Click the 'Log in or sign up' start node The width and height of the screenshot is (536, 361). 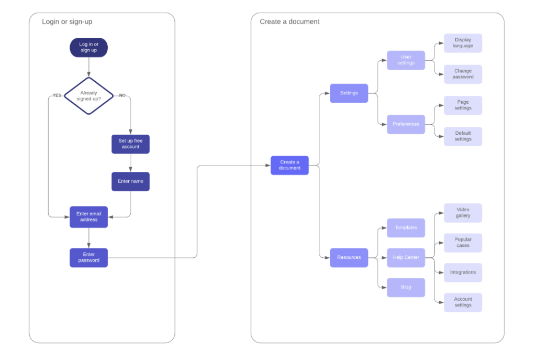click(88, 48)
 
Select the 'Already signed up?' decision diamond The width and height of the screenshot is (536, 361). click(88, 96)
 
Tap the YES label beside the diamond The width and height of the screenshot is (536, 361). click(57, 95)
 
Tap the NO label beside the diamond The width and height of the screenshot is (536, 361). click(122, 95)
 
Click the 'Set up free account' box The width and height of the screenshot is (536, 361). click(130, 144)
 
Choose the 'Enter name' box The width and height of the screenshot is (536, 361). click(130, 181)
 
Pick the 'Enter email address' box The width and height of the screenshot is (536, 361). click(88, 217)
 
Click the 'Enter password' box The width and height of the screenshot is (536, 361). click(88, 258)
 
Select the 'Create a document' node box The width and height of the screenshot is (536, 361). click(289, 165)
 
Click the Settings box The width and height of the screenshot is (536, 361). click(349, 93)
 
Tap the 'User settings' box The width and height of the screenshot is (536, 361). click(406, 60)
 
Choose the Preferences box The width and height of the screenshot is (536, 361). click(406, 124)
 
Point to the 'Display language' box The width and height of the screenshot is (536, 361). click(463, 43)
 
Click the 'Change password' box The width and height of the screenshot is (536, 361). click(463, 74)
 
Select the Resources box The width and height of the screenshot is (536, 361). click(349, 258)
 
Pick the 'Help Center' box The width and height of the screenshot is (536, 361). click(406, 258)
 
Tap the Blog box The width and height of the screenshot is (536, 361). click(406, 288)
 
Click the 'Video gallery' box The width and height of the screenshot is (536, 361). click(463, 213)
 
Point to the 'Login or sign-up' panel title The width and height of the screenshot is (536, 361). click(67, 22)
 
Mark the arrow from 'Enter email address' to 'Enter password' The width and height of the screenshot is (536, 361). click(88, 238)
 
